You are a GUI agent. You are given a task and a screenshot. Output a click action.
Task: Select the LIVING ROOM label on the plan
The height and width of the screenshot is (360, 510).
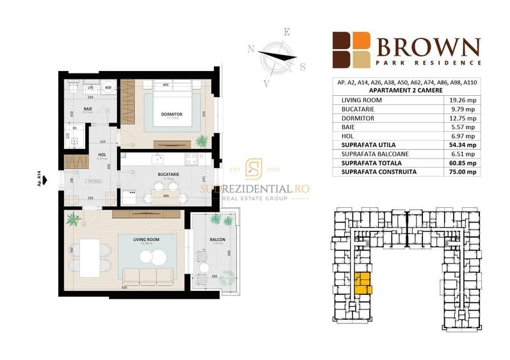(x=147, y=239)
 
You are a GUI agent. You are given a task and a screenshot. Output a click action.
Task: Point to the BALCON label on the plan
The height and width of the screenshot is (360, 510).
(x=216, y=239)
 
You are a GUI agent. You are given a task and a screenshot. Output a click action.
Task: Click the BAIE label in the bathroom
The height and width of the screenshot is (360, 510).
(x=87, y=109)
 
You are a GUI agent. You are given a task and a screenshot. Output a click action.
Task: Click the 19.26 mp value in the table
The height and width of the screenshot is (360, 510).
(x=462, y=100)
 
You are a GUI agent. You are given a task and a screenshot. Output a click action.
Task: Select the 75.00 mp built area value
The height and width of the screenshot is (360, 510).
(x=462, y=172)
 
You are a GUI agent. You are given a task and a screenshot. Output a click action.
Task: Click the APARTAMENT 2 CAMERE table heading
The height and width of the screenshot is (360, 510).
(x=408, y=91)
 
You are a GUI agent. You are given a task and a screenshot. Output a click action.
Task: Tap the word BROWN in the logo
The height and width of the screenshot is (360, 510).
(x=428, y=47)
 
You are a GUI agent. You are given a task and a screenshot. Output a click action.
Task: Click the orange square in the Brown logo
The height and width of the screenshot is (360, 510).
(x=362, y=40)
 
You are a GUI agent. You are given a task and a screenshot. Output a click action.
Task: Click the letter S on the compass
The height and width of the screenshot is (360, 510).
(x=303, y=66)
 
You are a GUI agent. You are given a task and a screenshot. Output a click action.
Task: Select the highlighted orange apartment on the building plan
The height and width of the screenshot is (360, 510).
(x=362, y=283)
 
